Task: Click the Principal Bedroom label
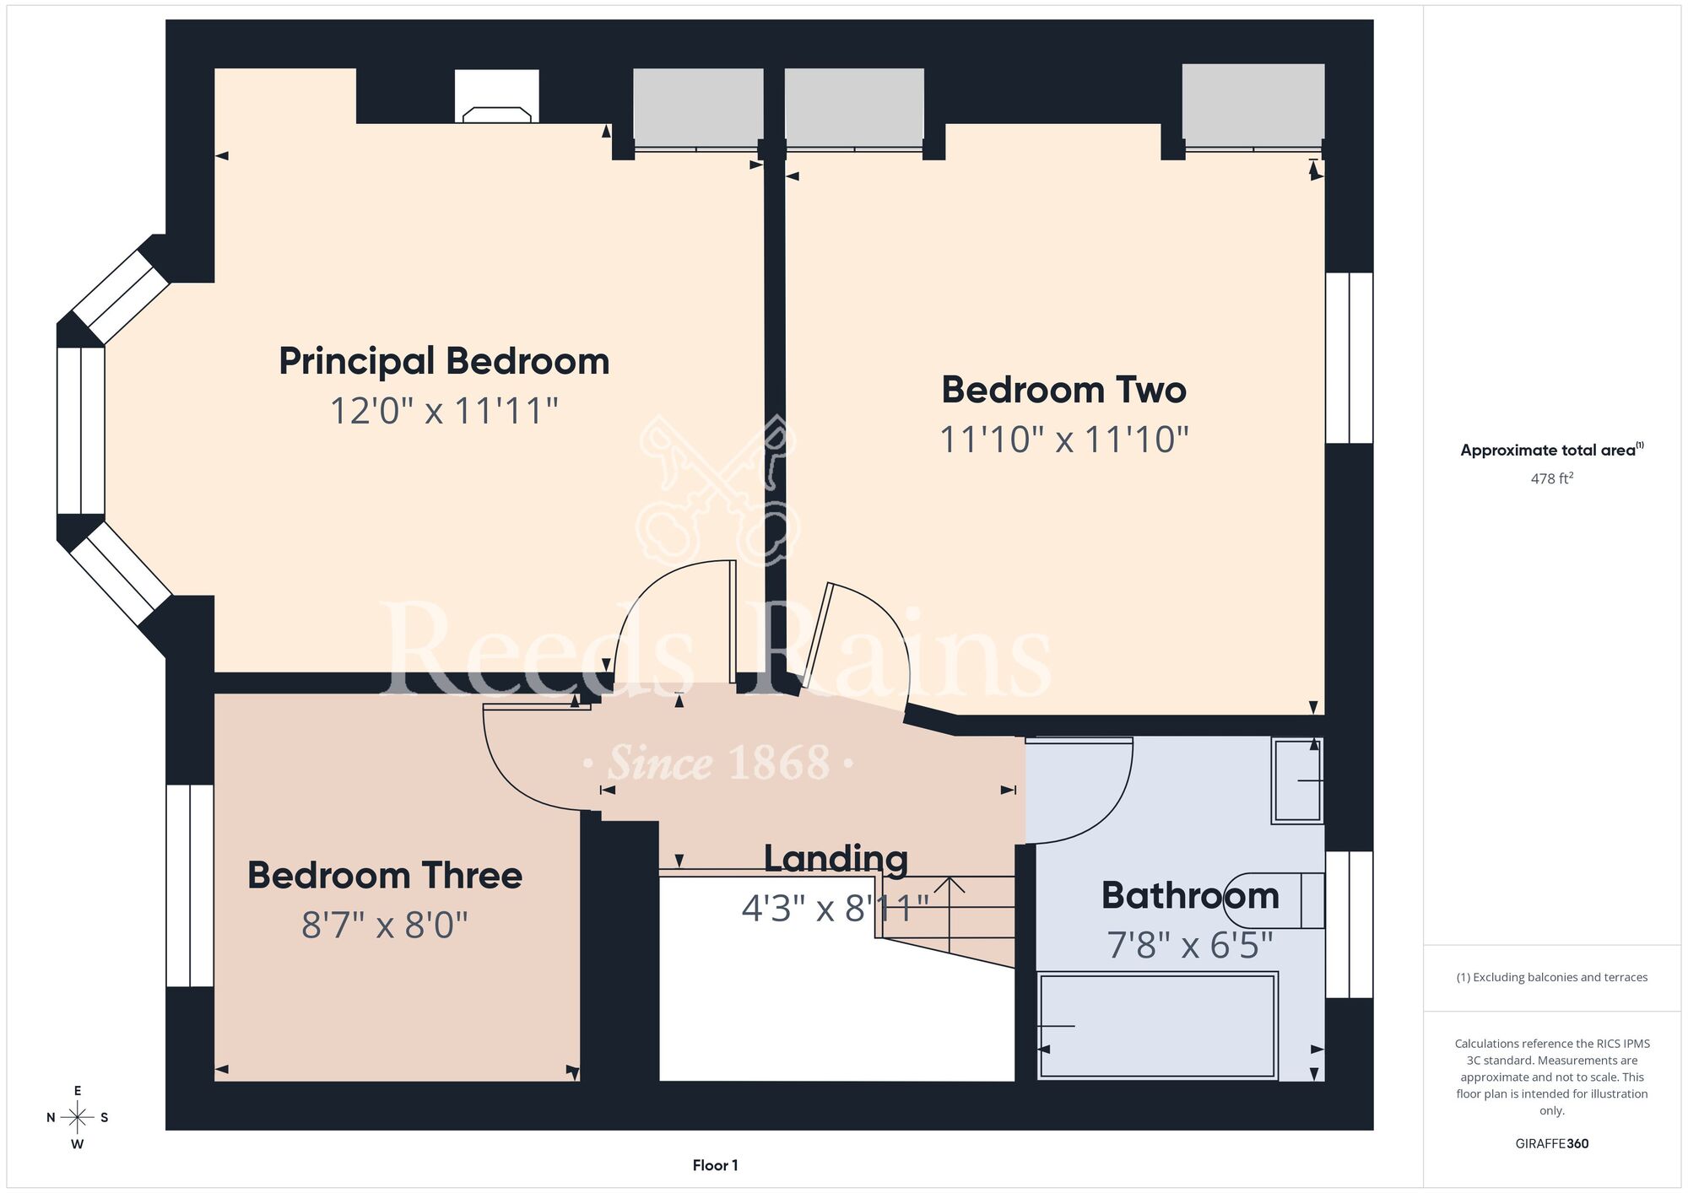pos(444,362)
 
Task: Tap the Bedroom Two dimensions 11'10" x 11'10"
pos(1063,440)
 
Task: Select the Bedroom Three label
pos(385,876)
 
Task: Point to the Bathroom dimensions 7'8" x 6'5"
pos(1189,945)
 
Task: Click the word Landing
pos(836,859)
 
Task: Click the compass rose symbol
pos(78,1118)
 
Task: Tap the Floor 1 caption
pos(715,1165)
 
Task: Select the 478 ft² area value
pos(1551,478)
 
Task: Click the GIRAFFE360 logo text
pos(1551,1144)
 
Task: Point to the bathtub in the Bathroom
pos(1157,1026)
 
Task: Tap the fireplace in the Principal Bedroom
pos(497,96)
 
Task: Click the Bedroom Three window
pos(190,885)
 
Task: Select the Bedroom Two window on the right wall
pos(1349,358)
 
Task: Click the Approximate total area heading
pos(1551,450)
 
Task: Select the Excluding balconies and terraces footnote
pos(1551,977)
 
